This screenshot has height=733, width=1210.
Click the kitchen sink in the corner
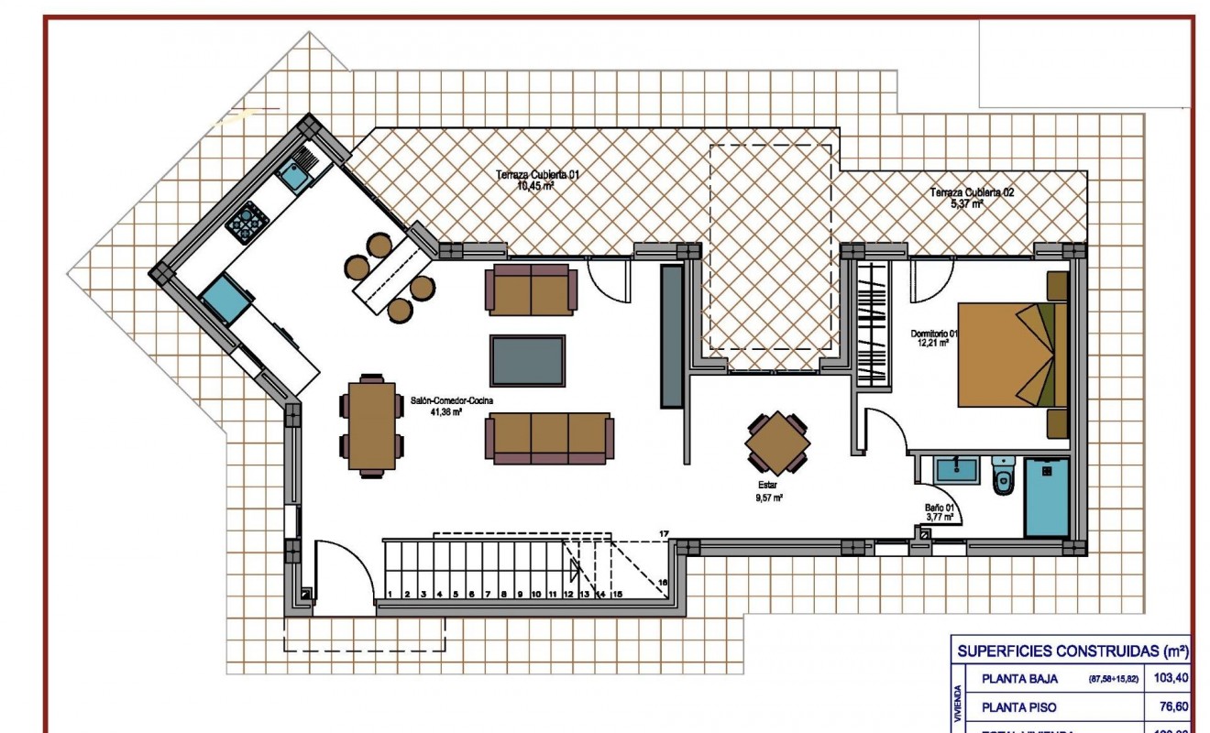[295, 175]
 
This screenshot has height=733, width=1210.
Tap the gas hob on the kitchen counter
[247, 222]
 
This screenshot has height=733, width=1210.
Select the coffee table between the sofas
[527, 360]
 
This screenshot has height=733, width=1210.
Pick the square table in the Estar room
[777, 443]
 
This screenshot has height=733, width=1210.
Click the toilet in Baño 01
[1003, 476]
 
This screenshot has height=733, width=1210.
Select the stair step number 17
[663, 532]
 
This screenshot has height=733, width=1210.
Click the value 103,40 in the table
[1172, 679]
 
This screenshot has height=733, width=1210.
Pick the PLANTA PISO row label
[1018, 707]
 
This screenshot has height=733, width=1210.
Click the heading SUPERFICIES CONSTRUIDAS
[1072, 651]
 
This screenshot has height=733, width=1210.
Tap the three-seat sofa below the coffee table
[549, 437]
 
